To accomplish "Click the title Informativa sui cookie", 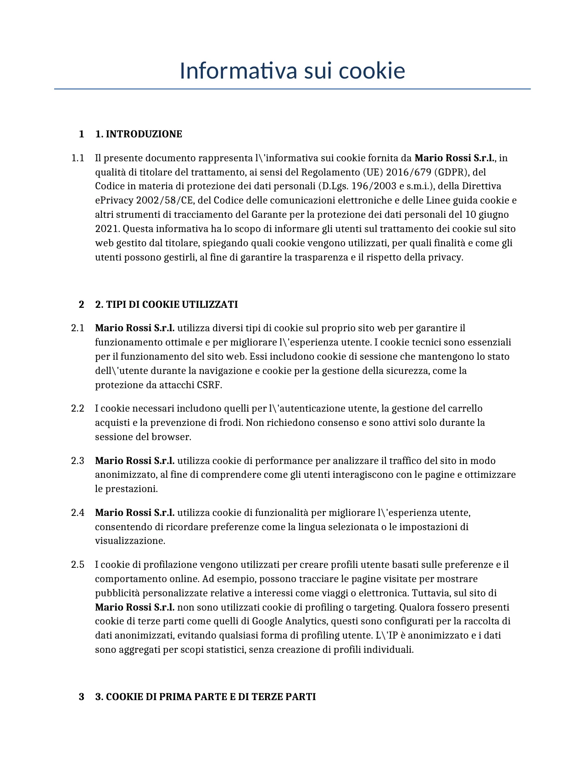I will (x=292, y=71).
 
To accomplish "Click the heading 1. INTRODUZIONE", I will (x=139, y=134).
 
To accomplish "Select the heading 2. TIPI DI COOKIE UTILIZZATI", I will (x=166, y=305).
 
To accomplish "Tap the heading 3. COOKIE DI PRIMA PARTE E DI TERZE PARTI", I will (x=205, y=697).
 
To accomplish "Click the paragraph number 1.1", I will (x=78, y=158).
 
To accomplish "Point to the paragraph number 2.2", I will (x=78, y=408).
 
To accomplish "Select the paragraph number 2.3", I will (x=78, y=461).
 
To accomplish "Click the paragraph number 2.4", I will (x=78, y=513).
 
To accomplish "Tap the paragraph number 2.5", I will (x=78, y=565).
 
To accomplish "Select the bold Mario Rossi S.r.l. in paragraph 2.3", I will (x=135, y=461).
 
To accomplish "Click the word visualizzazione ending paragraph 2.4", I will (x=129, y=541).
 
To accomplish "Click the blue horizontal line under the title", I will (x=292, y=89).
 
